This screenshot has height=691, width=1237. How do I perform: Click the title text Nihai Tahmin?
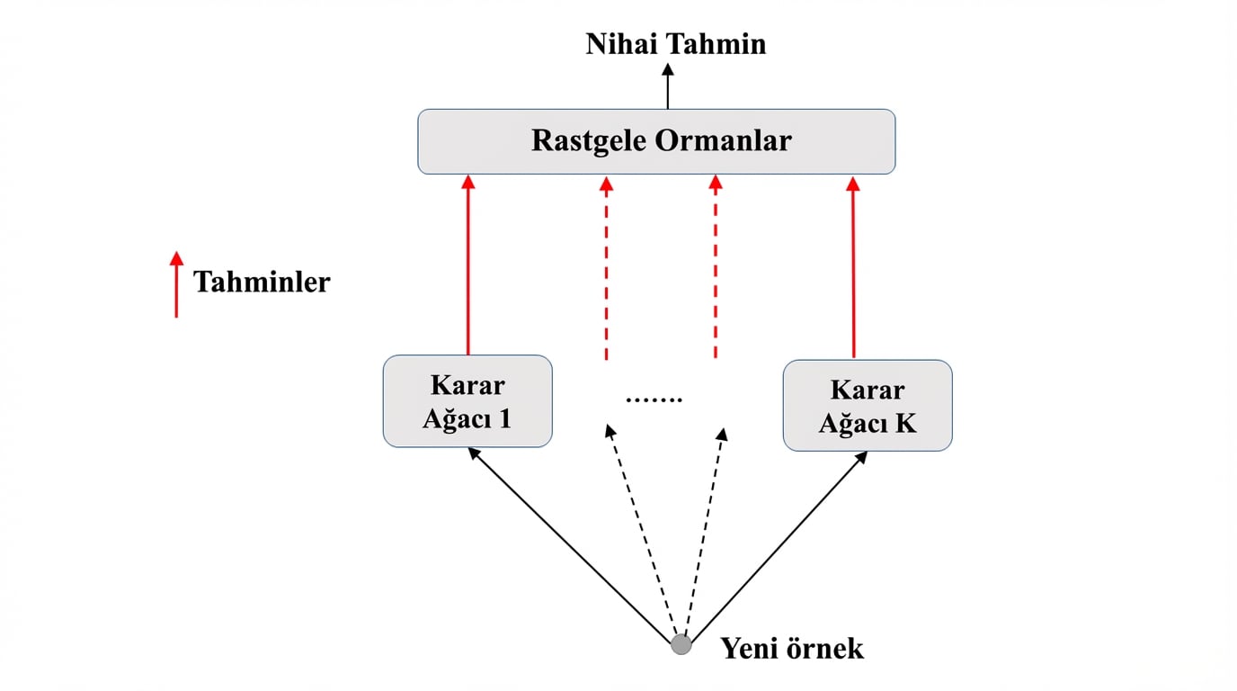click(x=675, y=44)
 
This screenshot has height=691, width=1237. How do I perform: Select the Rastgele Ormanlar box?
click(x=656, y=141)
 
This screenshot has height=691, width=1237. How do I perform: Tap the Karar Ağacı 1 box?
click(x=467, y=401)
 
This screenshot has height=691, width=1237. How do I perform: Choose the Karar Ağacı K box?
click(x=867, y=406)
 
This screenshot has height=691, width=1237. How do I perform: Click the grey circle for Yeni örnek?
click(x=681, y=644)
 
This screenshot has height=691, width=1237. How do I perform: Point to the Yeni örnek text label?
click(x=791, y=648)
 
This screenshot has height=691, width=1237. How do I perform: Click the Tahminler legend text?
click(x=262, y=282)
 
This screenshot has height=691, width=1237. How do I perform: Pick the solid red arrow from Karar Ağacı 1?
click(x=467, y=265)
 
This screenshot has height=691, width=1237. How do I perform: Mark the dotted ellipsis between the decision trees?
click(x=654, y=399)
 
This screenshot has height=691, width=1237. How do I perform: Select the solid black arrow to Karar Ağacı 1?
click(x=571, y=544)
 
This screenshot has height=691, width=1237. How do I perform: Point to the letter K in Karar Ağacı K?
click(x=905, y=422)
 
